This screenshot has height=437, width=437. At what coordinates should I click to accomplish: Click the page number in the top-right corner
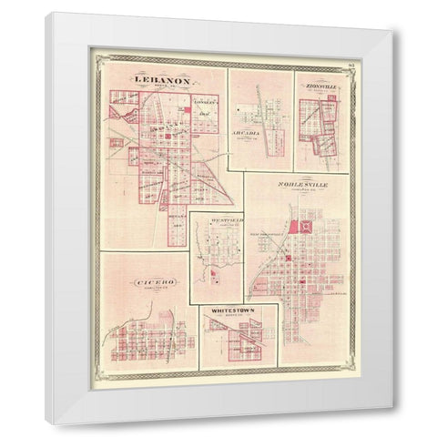(351, 63)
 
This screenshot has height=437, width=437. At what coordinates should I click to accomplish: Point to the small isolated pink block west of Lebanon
(117, 113)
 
